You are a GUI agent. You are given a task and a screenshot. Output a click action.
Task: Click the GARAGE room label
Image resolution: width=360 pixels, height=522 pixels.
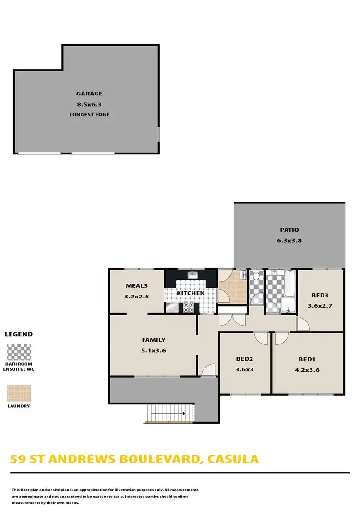click(89, 94)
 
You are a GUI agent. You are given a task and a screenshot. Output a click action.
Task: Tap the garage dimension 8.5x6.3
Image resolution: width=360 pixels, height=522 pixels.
click(89, 104)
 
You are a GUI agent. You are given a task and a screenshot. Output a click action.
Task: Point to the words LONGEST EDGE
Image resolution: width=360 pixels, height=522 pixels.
click(89, 114)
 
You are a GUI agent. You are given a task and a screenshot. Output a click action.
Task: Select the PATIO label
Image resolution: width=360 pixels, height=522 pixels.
click(289, 230)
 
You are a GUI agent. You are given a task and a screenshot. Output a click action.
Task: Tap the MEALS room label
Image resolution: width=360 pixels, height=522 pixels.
click(137, 286)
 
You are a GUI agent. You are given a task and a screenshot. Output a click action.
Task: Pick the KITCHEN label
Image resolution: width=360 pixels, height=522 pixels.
click(191, 293)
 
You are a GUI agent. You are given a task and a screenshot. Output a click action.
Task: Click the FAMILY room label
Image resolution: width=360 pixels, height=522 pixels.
click(154, 340)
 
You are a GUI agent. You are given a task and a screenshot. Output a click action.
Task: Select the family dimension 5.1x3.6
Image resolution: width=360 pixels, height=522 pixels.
click(154, 350)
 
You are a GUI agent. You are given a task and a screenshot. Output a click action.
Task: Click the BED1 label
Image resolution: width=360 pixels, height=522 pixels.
click(307, 359)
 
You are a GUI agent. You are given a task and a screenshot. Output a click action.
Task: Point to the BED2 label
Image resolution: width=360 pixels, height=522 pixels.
click(244, 359)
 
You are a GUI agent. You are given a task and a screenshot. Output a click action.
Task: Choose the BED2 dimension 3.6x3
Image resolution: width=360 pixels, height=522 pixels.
click(244, 370)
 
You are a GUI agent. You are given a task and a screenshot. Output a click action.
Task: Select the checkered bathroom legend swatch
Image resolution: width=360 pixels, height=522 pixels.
click(19, 352)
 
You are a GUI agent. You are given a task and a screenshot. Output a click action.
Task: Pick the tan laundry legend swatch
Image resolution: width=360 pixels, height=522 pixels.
click(19, 393)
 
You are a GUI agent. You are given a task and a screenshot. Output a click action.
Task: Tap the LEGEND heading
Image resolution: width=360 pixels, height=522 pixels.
click(19, 334)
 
